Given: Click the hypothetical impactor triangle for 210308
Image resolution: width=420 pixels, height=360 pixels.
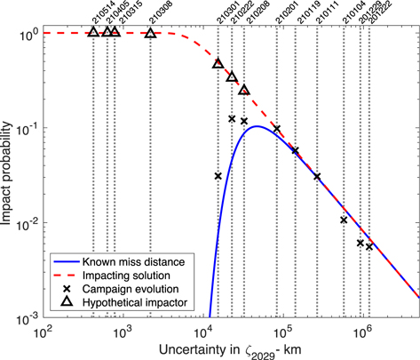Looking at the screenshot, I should (150, 34).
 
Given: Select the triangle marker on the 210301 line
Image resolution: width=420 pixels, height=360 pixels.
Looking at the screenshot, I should (218, 64).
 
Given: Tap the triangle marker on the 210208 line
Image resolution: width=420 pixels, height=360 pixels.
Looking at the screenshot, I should (244, 90).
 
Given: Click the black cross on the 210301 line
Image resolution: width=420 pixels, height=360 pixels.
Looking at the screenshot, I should (218, 176).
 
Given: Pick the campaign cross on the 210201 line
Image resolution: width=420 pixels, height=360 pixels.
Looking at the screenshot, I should (277, 129).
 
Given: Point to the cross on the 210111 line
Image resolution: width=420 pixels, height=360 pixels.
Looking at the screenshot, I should (317, 176).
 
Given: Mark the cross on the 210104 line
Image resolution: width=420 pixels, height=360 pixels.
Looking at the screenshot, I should (344, 220).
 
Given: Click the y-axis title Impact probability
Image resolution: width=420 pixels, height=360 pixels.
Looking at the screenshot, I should (9, 173).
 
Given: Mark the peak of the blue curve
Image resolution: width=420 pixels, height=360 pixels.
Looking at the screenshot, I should (257, 126).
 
